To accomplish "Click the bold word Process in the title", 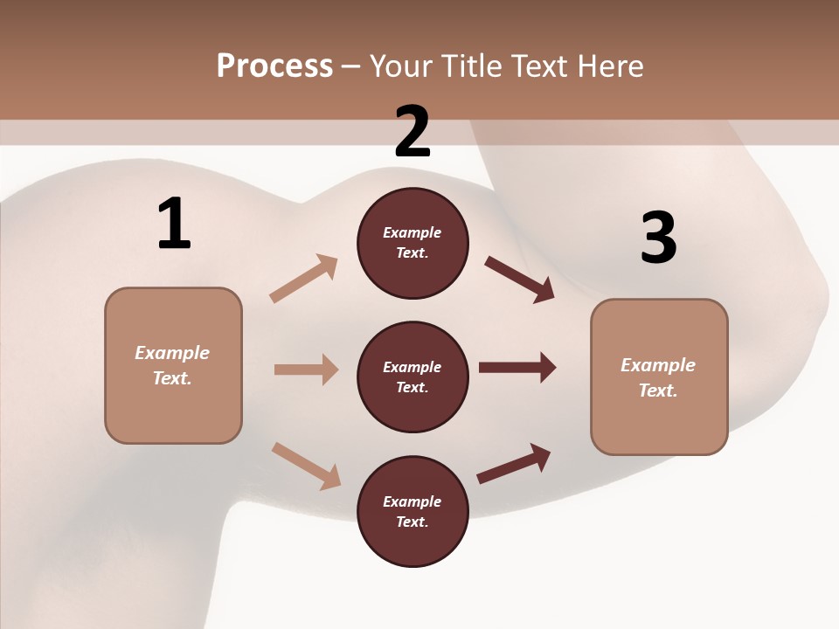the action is (274, 66).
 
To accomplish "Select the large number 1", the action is (174, 225).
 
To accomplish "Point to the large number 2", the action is (413, 132).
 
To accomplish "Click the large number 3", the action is (658, 238).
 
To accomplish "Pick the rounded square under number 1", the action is (173, 365).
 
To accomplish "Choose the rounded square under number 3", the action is (659, 377).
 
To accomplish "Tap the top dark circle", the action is (413, 243).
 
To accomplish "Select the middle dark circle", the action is (413, 377).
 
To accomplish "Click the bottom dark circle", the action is (413, 512).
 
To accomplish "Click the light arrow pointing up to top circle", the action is (304, 278).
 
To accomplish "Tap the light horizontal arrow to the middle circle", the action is (306, 370).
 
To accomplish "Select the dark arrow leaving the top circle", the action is (519, 279).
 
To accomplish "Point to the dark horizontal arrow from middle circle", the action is (517, 368).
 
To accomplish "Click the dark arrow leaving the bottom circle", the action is (514, 463).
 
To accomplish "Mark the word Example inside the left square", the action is (172, 353).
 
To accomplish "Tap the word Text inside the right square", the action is (657, 391).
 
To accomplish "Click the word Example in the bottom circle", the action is (412, 501).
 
